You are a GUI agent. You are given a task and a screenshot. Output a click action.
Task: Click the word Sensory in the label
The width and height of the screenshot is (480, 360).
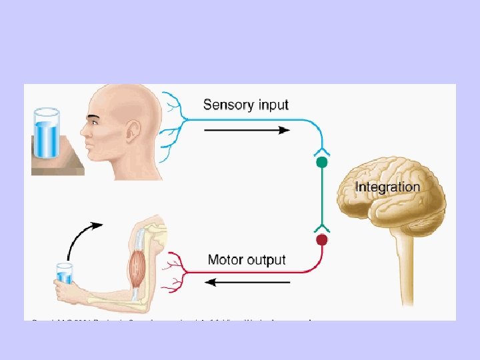pyautogui.click(x=225, y=105)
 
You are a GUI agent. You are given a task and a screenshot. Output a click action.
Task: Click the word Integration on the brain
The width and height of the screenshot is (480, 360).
pyautogui.click(x=387, y=187)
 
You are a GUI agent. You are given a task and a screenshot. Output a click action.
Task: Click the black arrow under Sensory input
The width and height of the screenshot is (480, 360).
pyautogui.click(x=246, y=130)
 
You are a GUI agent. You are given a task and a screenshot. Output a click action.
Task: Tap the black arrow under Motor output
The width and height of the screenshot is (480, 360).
pyautogui.click(x=247, y=282)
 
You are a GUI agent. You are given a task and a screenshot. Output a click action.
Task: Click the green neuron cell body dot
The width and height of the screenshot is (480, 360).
pyautogui.click(x=322, y=162)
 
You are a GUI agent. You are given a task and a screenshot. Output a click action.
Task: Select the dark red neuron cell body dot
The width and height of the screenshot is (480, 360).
pyautogui.click(x=322, y=239)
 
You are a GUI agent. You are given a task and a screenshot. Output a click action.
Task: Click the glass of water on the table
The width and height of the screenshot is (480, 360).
pyautogui.click(x=47, y=134)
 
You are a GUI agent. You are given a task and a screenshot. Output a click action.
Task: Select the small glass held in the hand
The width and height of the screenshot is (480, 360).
pyautogui.click(x=65, y=273)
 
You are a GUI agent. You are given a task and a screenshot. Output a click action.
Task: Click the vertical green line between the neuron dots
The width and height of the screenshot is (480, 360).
pyautogui.click(x=322, y=200)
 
